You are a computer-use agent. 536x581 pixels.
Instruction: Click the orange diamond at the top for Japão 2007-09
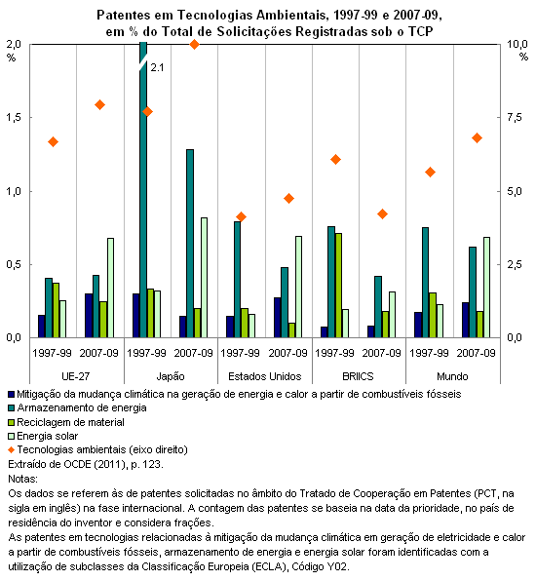pos(194,45)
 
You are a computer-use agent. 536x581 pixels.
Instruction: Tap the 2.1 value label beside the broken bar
pos(157,67)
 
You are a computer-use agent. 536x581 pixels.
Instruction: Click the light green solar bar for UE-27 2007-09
pos(110,288)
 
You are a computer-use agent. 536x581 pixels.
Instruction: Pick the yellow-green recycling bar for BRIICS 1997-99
pos(338,286)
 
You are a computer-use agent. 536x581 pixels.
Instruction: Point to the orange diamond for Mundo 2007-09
pos(477,138)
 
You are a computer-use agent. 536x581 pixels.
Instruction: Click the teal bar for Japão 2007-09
pos(190,244)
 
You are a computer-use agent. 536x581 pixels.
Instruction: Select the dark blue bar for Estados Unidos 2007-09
pos(278,318)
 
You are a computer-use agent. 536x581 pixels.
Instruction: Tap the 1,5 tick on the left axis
pos(14,118)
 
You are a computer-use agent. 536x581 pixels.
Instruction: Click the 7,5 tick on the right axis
pos(515,118)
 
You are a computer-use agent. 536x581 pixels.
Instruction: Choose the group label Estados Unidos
pos(265,376)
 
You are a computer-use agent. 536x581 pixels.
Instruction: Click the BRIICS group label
pos(358,376)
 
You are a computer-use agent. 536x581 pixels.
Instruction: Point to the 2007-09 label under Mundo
pos(476,353)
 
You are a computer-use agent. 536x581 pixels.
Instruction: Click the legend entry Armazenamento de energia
pos(82,407)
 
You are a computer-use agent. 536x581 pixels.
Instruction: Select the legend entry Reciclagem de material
pos(70,422)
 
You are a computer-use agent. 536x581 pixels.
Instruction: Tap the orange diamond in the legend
pos(12,449)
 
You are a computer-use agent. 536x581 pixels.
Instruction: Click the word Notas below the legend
pos(23,479)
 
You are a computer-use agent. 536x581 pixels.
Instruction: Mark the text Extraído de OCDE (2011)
pos(67,464)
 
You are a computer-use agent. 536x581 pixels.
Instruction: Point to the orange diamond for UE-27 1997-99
pos(54,142)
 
